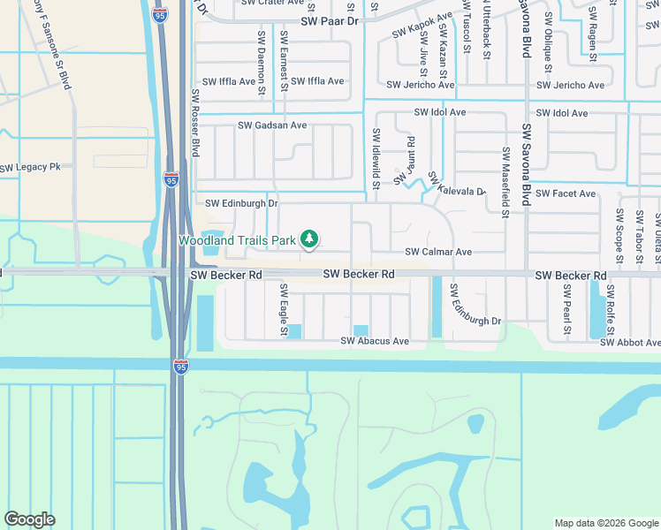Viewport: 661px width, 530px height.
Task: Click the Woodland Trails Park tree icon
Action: coord(309,238)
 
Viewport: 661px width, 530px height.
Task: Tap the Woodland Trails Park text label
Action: coord(238,240)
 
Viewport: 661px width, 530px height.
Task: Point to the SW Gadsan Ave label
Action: coord(272,125)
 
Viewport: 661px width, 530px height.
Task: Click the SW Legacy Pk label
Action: coord(30,167)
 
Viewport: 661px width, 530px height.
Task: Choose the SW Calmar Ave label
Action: coord(438,252)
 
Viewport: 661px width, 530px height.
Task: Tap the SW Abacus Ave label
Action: coord(376,341)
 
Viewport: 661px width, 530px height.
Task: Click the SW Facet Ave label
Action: coord(566,193)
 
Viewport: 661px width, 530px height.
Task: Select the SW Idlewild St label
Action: coord(376,160)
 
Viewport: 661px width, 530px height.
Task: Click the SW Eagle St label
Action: coord(284,309)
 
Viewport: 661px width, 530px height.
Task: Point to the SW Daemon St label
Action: coord(262,62)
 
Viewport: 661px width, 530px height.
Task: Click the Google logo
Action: coord(29,519)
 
